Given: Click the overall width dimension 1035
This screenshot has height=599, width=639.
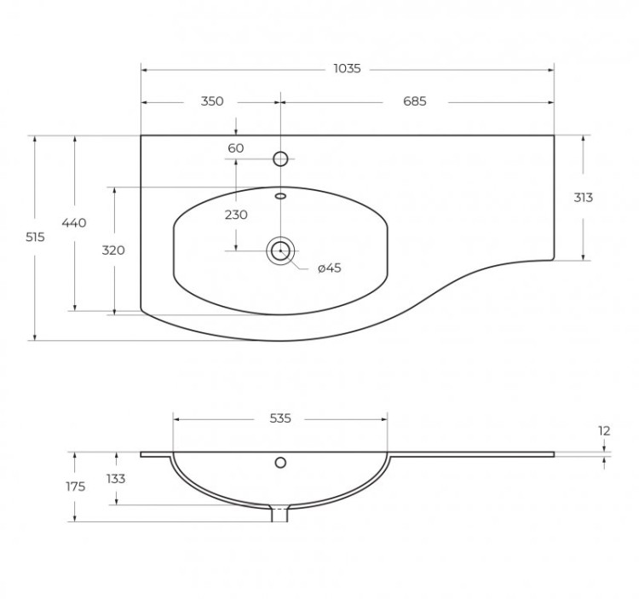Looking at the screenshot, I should tap(347, 68).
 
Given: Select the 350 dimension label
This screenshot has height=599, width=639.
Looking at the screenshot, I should tap(212, 101).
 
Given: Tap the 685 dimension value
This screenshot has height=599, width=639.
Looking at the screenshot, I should tap(414, 101).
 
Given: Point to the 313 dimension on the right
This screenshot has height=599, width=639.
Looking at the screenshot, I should tap(583, 198).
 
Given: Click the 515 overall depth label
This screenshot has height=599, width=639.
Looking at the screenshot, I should tap(35, 238).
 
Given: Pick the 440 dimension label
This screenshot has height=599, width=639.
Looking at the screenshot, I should tap(74, 223).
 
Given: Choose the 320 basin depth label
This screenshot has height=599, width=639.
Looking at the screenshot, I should tap(113, 251).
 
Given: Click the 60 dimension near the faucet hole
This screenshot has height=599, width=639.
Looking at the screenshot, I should tap(236, 148).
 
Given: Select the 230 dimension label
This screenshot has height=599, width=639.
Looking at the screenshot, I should tap(236, 215).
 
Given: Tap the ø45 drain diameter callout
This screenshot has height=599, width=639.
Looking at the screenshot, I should tap(329, 268).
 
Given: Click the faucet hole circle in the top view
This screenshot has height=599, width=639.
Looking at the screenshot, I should tap(280, 158).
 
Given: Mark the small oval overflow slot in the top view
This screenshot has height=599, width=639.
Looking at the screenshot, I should tap(280, 196).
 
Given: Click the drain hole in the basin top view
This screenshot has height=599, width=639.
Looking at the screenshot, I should tap(280, 251).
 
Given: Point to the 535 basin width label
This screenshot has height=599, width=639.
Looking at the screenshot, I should tap(280, 418).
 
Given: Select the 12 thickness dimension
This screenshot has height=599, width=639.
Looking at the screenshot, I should tap(604, 431).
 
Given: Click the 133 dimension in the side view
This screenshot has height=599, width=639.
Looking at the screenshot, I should tap(115, 479).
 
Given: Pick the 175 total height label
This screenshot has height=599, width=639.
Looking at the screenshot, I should tap(76, 487).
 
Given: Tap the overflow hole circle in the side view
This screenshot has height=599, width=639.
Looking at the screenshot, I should tap(280, 463).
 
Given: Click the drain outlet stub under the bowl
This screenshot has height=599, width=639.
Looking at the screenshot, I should tap(279, 514).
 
